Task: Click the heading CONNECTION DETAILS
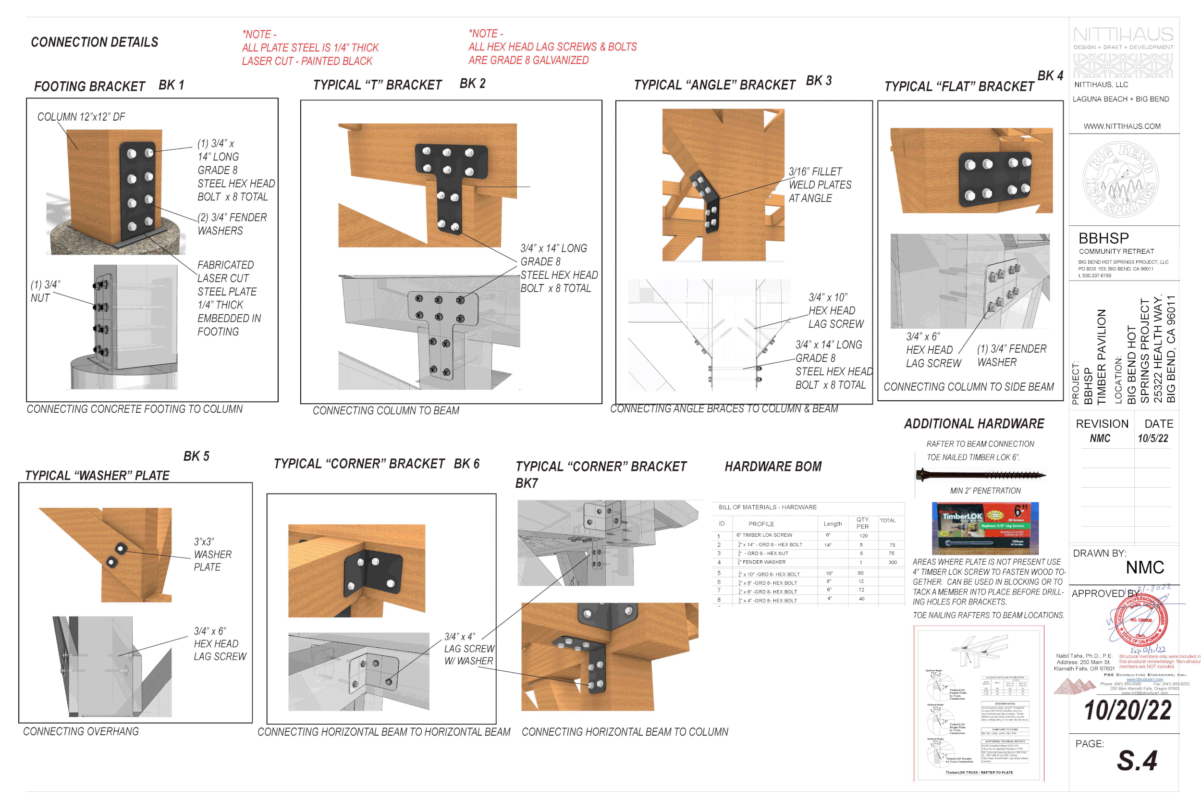pos(95,42)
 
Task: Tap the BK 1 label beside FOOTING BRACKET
pos(171,85)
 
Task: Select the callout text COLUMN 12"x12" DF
pos(81,117)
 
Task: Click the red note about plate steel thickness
pos(310,48)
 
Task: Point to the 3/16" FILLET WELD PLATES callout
pos(820,185)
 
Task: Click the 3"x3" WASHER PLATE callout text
pos(212,555)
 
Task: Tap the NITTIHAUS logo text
pos(1123,34)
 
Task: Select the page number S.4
pos(1137,761)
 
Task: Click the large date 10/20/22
pos(1127,711)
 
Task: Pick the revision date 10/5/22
pos(1152,438)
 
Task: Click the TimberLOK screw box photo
pos(984,528)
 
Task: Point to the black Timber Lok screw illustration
pos(980,475)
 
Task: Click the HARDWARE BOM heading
pos(773,467)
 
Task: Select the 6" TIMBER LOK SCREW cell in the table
pos(764,535)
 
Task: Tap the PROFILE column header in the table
pos(761,524)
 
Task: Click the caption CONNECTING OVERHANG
pos(81,731)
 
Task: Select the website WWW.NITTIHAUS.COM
pos(1122,126)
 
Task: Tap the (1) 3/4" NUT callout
pos(45,291)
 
